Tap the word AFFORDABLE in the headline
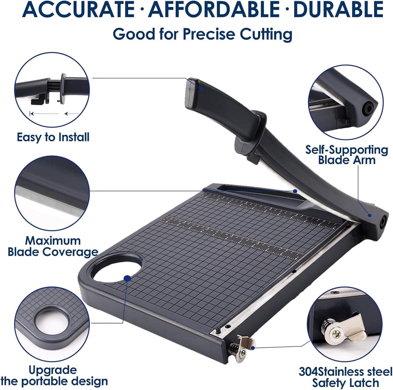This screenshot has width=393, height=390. (214, 10)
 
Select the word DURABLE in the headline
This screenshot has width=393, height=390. (338, 10)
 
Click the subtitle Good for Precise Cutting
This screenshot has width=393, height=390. (203, 34)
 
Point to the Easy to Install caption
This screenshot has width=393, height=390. (53, 137)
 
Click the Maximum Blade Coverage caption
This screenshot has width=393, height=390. (53, 246)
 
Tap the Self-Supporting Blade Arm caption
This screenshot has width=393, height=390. (346, 155)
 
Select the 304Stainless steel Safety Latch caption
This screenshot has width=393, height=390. (345, 377)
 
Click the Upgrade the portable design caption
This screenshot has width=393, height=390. (54, 376)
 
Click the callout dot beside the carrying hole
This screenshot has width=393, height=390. (127, 278)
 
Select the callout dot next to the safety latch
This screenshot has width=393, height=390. (253, 348)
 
